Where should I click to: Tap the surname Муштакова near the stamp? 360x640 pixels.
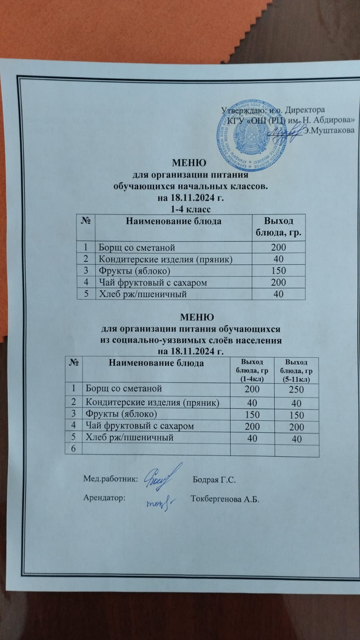[x=329, y=130]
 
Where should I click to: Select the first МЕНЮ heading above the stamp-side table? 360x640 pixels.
[x=189, y=163]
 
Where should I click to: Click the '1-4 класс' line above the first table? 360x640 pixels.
[x=191, y=209]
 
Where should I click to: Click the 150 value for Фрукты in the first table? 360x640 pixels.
[x=278, y=271]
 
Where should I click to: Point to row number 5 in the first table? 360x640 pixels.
[x=85, y=294]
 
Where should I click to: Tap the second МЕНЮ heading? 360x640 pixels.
[x=197, y=317]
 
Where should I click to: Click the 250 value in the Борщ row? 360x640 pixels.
[x=296, y=389]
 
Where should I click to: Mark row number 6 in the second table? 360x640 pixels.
[x=73, y=449]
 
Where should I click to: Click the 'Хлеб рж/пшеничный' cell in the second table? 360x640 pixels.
[x=130, y=437]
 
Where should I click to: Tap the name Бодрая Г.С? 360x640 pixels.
[x=214, y=480]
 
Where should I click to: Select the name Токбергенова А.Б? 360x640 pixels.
[x=225, y=499]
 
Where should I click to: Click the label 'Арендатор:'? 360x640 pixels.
[x=105, y=498]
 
